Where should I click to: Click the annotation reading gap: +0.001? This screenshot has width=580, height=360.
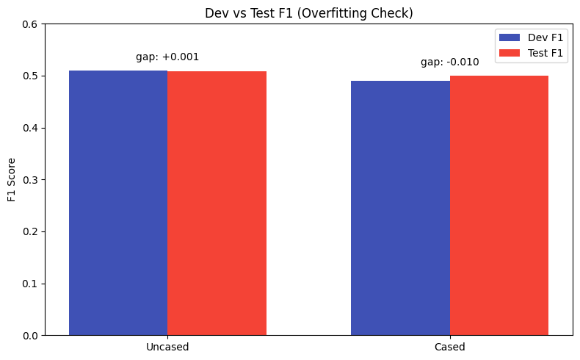tap(167, 57)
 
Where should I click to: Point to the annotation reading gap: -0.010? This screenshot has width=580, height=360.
tap(450, 62)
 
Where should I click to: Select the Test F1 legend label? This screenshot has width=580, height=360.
tap(546, 53)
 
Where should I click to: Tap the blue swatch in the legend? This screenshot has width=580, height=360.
tap(509, 37)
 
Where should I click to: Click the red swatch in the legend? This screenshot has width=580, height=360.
tap(509, 53)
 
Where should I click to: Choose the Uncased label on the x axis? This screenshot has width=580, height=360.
tap(167, 347)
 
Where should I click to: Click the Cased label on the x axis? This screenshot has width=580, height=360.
tap(450, 347)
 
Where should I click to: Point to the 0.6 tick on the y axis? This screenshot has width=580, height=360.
tap(32, 24)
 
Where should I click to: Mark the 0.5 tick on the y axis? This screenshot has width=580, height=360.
tap(32, 76)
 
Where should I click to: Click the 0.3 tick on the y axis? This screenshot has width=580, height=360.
tap(32, 180)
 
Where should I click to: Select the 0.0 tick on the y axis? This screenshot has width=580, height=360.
tap(32, 336)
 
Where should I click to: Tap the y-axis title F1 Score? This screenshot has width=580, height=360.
tap(11, 180)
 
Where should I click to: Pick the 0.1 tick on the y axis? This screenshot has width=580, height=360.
tap(32, 284)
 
